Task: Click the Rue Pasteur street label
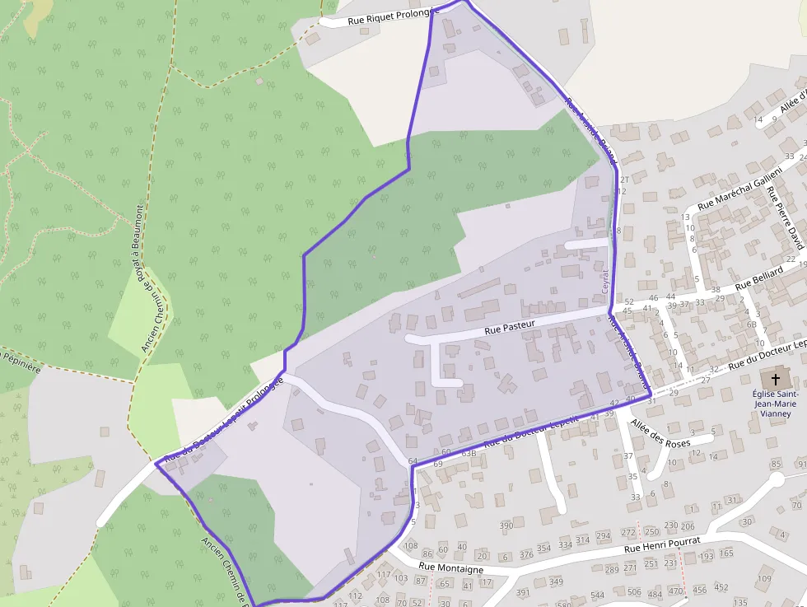pos(510,326)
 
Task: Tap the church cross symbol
pos(774,380)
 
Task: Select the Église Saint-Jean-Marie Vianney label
pos(774,404)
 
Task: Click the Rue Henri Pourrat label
pos(661,544)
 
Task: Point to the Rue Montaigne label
pos(450,568)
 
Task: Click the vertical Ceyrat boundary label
pos(604,280)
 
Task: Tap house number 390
pos(506,525)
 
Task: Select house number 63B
pos(469,453)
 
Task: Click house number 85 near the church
pos(775,465)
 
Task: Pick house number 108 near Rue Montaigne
pos(410,546)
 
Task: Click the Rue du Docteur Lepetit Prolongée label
pos(223,419)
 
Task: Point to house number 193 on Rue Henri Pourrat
pos(706,557)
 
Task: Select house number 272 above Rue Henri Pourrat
pos(628,533)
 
